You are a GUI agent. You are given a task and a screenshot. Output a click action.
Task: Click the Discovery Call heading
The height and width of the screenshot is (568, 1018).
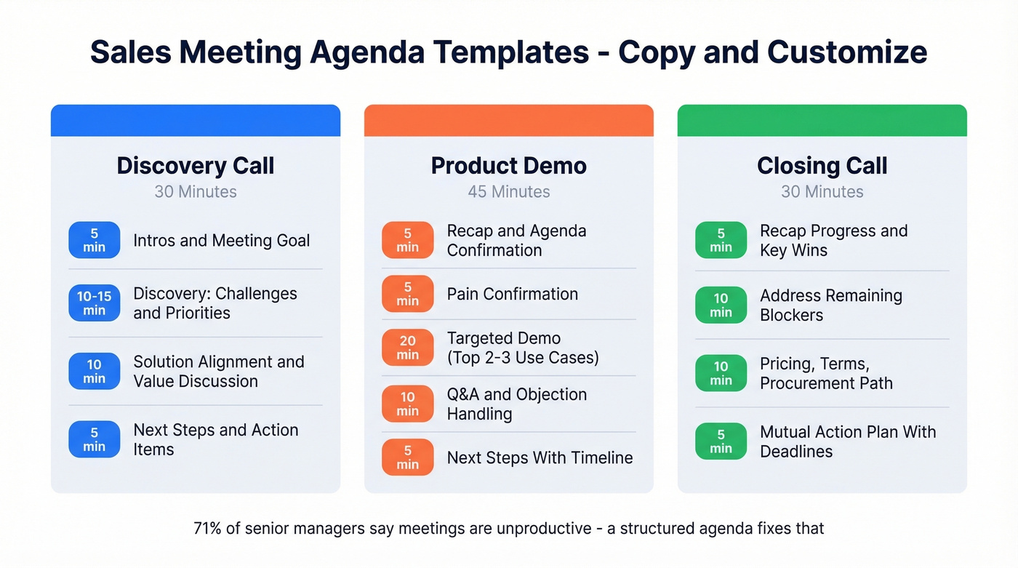click(196, 166)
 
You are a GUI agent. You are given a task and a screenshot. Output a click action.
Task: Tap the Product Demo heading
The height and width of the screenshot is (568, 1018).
click(508, 166)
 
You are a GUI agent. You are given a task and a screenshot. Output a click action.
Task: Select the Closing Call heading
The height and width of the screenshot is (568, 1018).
click(822, 166)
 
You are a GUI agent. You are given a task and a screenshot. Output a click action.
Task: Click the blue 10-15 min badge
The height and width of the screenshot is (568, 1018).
click(95, 303)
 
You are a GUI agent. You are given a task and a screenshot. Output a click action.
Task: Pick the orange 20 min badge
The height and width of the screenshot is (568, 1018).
click(408, 348)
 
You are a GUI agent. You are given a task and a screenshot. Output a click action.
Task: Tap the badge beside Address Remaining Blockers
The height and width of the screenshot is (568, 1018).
click(721, 305)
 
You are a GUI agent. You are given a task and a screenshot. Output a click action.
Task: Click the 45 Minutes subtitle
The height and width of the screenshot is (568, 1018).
click(508, 192)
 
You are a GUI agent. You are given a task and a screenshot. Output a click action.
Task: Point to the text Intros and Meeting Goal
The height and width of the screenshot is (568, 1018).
click(221, 241)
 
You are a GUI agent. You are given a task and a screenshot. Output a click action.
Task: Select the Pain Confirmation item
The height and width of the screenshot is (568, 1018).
click(512, 294)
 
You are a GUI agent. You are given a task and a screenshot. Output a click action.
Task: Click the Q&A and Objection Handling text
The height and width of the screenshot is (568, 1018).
click(516, 404)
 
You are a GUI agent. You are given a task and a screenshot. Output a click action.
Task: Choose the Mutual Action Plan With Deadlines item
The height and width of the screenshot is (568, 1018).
click(847, 441)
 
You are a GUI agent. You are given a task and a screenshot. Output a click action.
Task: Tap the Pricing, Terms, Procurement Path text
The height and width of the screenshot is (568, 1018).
click(826, 373)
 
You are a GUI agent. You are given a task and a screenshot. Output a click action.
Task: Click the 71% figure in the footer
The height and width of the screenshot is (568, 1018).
click(207, 528)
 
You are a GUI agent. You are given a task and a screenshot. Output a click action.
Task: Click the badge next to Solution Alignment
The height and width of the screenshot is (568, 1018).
click(95, 371)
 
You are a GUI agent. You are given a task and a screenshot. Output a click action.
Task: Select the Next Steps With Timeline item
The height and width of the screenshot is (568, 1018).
click(540, 457)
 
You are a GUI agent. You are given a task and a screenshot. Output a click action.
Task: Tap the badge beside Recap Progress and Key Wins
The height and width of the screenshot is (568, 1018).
click(721, 240)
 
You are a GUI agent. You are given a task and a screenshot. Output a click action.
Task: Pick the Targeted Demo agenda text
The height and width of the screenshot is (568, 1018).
click(522, 348)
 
